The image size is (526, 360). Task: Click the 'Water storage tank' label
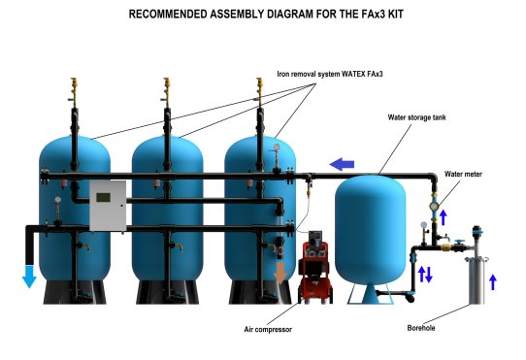point(416,117)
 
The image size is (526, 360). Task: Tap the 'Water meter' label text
point(463,174)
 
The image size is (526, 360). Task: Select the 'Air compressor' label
point(268,330)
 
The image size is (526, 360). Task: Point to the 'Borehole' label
point(421,328)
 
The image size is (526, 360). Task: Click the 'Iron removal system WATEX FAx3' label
point(330,74)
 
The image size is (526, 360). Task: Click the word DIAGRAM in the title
point(288,15)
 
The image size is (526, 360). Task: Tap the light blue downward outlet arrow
point(29,277)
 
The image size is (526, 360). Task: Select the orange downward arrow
point(279,273)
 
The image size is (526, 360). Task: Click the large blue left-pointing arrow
point(342,164)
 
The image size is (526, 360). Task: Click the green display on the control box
point(103,197)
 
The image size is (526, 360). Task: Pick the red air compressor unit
point(315,268)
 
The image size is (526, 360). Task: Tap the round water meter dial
point(434,206)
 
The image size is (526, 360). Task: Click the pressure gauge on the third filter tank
point(277,147)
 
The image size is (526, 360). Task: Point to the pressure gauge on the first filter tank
point(58,199)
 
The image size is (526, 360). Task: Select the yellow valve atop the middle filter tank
point(167,88)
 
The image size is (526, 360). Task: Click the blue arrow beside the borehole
point(492,282)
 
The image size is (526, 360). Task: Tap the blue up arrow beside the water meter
point(444,217)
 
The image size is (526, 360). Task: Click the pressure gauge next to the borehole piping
point(424,225)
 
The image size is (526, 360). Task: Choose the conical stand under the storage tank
point(370,294)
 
